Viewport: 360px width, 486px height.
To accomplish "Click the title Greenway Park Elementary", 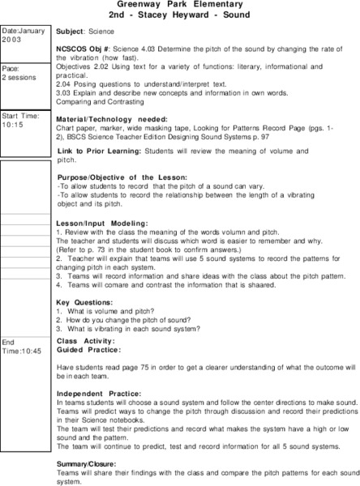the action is (x=181, y=6).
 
